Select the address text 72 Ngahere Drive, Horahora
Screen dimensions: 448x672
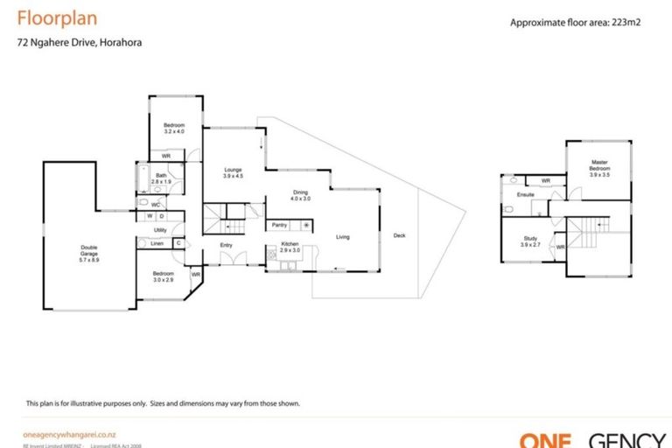(80, 42)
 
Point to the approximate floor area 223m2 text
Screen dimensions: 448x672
(576, 24)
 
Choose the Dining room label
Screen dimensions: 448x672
(300, 195)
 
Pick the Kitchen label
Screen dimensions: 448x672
(290, 247)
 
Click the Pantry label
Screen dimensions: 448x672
(279, 225)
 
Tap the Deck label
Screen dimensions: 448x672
(399, 235)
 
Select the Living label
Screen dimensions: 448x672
(343, 236)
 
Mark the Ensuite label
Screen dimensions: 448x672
(525, 194)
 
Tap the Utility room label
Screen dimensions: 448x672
(160, 230)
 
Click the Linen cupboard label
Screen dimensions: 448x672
(157, 243)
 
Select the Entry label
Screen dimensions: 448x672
(226, 245)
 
